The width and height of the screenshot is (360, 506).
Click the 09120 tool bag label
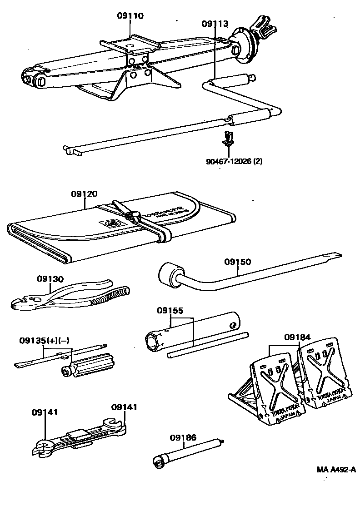point(84,194)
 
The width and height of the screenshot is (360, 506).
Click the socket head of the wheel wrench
point(169,275)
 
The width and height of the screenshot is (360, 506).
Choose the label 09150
point(237,262)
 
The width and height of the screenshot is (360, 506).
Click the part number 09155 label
point(170,311)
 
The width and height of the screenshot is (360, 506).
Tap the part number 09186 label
point(183,437)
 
